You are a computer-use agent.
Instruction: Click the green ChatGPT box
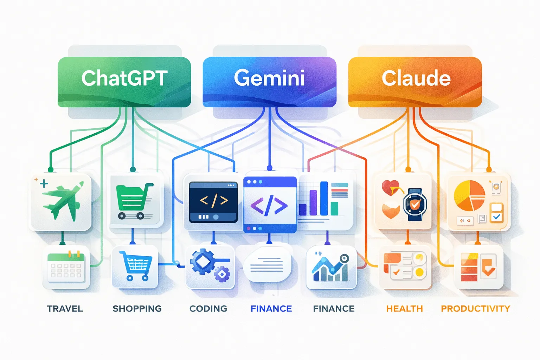point(124,82)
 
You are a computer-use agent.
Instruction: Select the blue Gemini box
point(269,82)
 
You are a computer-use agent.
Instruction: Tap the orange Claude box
point(415,82)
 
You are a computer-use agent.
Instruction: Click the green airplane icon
point(62,201)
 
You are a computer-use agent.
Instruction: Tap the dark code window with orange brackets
point(213,202)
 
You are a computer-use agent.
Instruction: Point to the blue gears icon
point(209,266)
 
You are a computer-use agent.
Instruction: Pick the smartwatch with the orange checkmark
point(415,204)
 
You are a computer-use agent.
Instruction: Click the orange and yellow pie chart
point(469,195)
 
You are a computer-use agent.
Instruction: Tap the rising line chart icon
point(331,268)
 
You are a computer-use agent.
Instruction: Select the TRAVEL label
point(65,309)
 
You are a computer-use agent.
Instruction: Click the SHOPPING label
point(137,309)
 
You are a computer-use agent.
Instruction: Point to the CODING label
point(208,309)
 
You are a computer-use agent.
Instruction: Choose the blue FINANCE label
point(271,309)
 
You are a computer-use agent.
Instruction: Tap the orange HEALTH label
point(404,309)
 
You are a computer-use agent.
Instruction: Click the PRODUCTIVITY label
point(475,309)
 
